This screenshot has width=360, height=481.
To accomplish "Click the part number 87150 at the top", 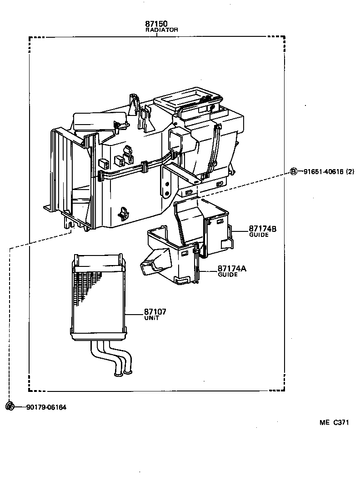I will click(156, 24).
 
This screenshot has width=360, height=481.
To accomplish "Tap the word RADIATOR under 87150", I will click(161, 30).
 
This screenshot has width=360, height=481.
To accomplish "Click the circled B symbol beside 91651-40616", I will click(294, 171).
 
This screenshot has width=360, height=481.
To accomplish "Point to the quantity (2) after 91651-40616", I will click(350, 171).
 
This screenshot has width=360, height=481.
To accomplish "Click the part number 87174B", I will click(262, 229).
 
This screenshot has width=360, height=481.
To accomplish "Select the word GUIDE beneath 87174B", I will click(259, 235).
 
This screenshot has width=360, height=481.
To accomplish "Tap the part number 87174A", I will click(232, 269).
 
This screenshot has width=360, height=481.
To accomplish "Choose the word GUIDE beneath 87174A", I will click(228, 275).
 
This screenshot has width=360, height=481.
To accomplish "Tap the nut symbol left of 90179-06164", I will click(10, 406).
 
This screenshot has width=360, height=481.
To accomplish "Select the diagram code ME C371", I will click(334, 422).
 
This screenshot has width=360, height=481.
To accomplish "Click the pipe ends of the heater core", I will click(123, 374).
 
